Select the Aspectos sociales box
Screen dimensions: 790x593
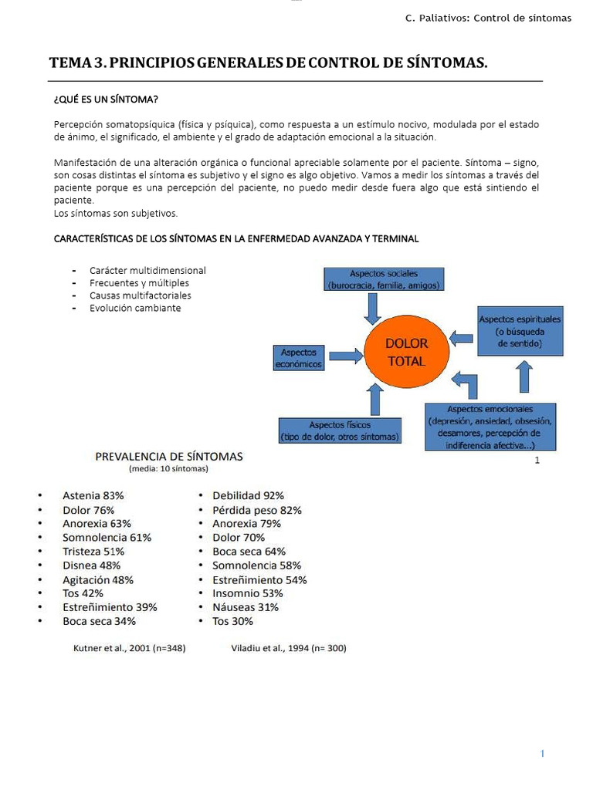tap(384, 279)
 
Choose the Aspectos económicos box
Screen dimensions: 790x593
tap(298, 358)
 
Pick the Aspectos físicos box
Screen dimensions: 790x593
tap(340, 431)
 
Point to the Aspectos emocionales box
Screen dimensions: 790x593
tap(490, 427)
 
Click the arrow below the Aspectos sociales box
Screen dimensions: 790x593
tap(373, 309)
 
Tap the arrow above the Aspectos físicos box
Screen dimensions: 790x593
tap(375, 399)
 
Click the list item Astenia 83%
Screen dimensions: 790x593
tap(93, 496)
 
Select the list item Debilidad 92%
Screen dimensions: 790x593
tap(248, 496)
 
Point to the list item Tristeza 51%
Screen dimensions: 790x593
tap(93, 552)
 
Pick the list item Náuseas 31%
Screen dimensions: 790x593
tap(246, 607)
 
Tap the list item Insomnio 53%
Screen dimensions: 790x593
tap(247, 593)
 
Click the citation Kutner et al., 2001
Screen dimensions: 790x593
tap(129, 649)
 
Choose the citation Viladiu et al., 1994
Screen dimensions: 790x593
tap(288, 649)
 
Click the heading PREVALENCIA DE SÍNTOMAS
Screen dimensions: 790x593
tap(168, 456)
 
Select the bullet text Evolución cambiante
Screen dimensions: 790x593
tap(135, 308)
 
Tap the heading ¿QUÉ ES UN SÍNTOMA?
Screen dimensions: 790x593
tap(107, 100)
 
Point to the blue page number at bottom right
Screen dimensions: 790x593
tap(543, 754)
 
